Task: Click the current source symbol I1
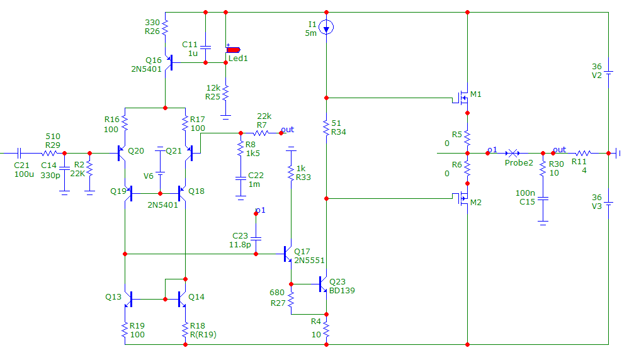click(x=326, y=28)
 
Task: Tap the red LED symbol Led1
click(x=233, y=50)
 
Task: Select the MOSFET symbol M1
click(x=461, y=98)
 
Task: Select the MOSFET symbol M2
click(x=461, y=198)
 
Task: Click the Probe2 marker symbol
click(x=513, y=153)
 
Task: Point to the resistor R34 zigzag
click(x=326, y=127)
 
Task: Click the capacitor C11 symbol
click(x=205, y=47)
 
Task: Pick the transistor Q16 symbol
click(x=169, y=63)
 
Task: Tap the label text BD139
click(x=342, y=291)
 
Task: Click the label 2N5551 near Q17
click(x=309, y=261)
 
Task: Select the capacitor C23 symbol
click(x=256, y=239)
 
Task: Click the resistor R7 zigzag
click(x=261, y=133)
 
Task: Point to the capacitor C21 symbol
click(x=19, y=153)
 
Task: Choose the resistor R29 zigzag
click(x=49, y=153)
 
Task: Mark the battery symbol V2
click(x=609, y=72)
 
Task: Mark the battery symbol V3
click(x=609, y=203)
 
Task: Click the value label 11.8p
click(x=240, y=245)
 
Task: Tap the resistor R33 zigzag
click(x=291, y=172)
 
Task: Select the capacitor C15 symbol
click(x=543, y=198)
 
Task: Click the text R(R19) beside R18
click(x=203, y=335)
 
